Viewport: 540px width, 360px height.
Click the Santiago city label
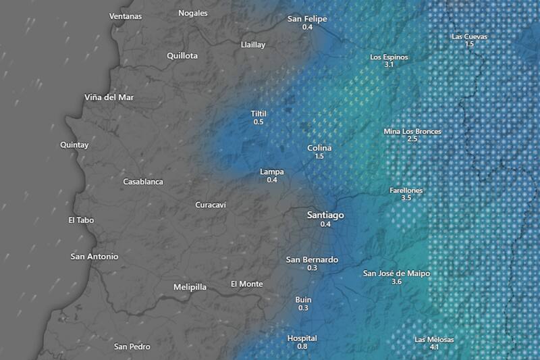coord(325,215)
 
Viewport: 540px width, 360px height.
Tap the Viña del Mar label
coord(109,97)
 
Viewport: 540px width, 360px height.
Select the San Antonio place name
coord(94,257)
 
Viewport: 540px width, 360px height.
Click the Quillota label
coord(182,56)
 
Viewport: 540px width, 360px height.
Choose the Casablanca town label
coord(143,182)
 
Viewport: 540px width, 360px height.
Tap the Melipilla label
coord(190,287)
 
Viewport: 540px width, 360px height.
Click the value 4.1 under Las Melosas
coord(434,347)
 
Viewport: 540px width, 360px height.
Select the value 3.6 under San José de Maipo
coord(396,281)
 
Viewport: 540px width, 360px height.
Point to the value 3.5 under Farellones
coord(406,199)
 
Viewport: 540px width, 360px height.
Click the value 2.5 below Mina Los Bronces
coord(412,139)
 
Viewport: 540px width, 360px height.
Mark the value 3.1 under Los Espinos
coord(389,65)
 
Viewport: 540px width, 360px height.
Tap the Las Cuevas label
coord(469,36)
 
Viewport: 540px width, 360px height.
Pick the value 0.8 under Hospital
coord(302,346)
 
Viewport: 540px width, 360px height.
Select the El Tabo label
coord(81,220)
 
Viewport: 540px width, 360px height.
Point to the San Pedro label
coord(132,347)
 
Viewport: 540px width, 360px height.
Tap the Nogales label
coord(194,14)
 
